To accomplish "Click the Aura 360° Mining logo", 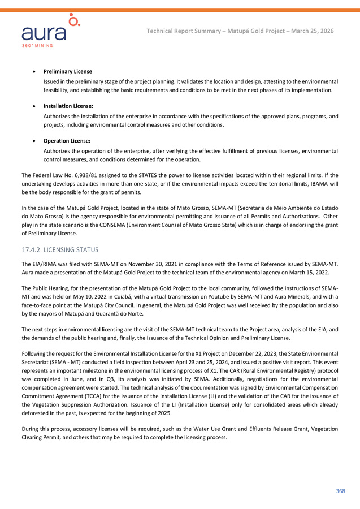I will point(50,31).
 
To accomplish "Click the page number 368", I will point(340,491).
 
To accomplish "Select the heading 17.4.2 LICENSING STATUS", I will point(59,249).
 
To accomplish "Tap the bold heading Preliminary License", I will point(68,71).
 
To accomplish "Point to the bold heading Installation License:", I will point(68,106).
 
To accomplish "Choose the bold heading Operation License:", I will point(67,140).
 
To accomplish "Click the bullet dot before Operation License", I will point(36,140).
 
